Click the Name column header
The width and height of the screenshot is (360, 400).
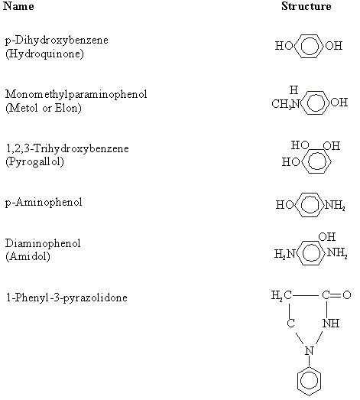(18, 6)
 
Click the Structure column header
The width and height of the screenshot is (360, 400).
(306, 6)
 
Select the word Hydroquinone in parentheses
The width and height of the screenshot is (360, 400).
(44, 54)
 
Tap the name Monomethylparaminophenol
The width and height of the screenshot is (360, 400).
(76, 95)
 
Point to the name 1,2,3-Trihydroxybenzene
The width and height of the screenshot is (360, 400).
(67, 148)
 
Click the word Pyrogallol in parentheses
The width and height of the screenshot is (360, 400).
(34, 161)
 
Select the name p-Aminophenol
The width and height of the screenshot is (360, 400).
(44, 203)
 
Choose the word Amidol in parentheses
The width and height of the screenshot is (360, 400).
(28, 256)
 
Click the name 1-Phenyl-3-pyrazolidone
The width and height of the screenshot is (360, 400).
(66, 298)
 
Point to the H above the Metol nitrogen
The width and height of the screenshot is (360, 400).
(294, 89)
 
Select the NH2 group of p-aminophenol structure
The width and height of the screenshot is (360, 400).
(335, 205)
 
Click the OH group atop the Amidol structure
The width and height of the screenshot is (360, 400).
(327, 237)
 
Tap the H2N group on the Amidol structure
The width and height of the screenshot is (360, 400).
(284, 254)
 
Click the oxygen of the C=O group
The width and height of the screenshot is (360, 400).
(347, 295)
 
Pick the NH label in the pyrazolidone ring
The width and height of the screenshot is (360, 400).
(331, 324)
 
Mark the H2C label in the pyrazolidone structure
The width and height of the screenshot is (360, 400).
(281, 295)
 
